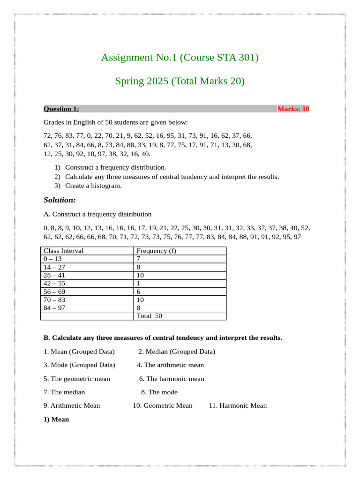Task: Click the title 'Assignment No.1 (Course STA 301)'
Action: [x=180, y=58]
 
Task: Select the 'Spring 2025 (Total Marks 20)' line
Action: [x=180, y=81]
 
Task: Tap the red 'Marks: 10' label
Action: [x=293, y=109]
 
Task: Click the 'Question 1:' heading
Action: [x=61, y=109]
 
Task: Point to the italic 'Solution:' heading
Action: [x=60, y=200]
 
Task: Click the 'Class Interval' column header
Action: [x=63, y=251]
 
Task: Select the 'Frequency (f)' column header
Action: [x=156, y=251]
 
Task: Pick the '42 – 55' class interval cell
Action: [x=54, y=284]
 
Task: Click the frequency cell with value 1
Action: [x=139, y=284]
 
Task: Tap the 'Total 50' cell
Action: [x=149, y=316]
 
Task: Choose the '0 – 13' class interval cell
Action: [x=52, y=259]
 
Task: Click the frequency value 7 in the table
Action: [x=139, y=259]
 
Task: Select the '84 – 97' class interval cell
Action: [x=54, y=308]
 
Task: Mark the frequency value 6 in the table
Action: [x=139, y=292]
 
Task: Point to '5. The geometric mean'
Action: [x=77, y=379]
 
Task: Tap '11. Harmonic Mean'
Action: [x=238, y=405]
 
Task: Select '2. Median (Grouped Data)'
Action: [x=177, y=352]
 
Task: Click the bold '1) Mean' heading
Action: [x=56, y=420]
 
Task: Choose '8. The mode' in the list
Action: [x=159, y=392]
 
